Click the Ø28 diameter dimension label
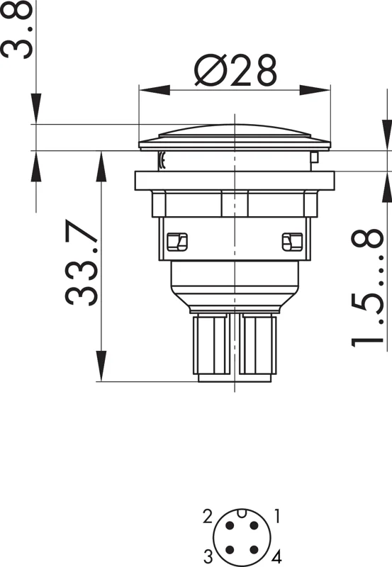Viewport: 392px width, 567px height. [235, 71]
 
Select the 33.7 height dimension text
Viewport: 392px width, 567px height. [82, 262]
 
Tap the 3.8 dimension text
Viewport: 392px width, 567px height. [16, 29]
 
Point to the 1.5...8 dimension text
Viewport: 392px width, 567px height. [367, 288]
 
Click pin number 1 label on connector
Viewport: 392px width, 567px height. [277, 516]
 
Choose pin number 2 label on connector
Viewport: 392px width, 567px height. [207, 517]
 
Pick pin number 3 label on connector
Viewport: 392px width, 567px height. [208, 556]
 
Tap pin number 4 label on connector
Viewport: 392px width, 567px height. [276, 556]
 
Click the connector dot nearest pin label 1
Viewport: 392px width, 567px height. [254, 525]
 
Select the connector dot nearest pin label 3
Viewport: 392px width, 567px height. [229, 550]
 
